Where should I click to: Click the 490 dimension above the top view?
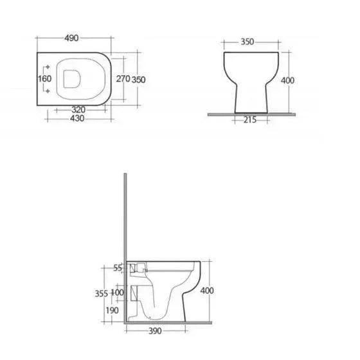pos(71,38)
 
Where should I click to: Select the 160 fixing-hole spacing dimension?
pos(45,78)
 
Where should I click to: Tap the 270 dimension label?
pos(123,78)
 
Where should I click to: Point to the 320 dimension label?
pos(78,109)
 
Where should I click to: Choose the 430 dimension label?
pos(77,118)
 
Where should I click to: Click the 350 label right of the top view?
pos(138,80)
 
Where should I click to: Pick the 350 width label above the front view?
pos(248,42)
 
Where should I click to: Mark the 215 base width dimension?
pos(250,120)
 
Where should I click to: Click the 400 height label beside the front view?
pos(287,80)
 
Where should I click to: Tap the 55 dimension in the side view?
pos(118,267)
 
